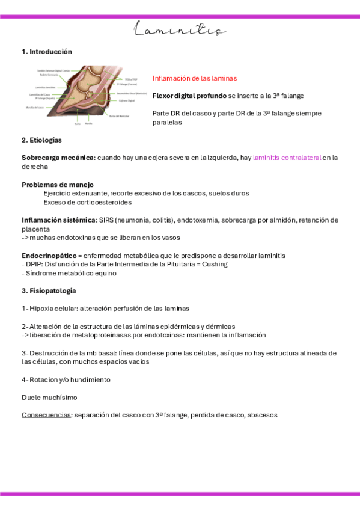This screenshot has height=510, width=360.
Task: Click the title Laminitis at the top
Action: pyautogui.click(x=180, y=29)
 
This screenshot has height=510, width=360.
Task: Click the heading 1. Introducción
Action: pyautogui.click(x=46, y=52)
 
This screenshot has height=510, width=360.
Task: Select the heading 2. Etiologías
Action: pyautogui.click(x=41, y=140)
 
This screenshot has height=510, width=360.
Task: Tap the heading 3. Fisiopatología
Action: pyautogui.click(x=49, y=290)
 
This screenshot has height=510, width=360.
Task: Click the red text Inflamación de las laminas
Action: pyautogui.click(x=195, y=78)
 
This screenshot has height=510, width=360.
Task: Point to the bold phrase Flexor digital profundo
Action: pyautogui.click(x=189, y=96)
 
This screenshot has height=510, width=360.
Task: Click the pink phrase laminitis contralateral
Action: pyautogui.click(x=287, y=158)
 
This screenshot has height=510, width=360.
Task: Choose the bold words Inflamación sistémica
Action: pyautogui.click(x=58, y=220)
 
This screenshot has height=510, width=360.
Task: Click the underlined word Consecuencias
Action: pyautogui.click(x=46, y=415)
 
